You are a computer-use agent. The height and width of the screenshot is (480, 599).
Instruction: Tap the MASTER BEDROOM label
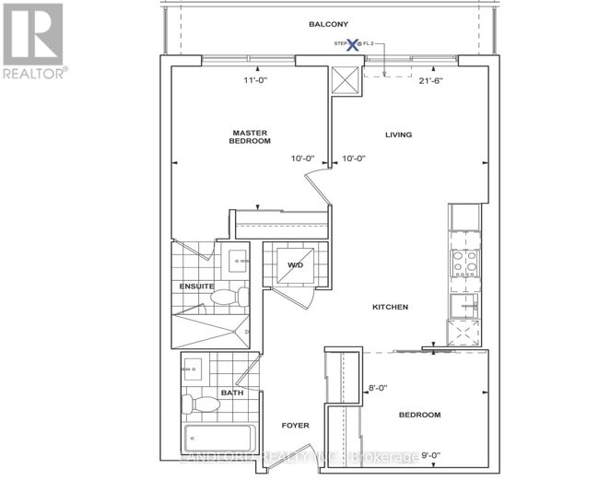pyautogui.click(x=250, y=137)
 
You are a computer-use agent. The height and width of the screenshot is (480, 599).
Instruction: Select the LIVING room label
pyautogui.click(x=398, y=135)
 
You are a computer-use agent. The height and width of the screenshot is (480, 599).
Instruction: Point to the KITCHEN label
pyautogui.click(x=390, y=307)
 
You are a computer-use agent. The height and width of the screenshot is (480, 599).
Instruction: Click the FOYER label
pyautogui.click(x=295, y=425)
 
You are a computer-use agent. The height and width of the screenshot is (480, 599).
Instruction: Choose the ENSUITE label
pyautogui.click(x=196, y=287)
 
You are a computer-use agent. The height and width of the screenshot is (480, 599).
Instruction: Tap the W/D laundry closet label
pyautogui.click(x=295, y=266)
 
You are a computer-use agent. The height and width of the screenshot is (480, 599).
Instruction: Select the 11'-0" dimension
pyautogui.click(x=242, y=80)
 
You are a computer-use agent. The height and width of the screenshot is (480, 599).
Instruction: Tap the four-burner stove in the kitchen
pyautogui.click(x=464, y=263)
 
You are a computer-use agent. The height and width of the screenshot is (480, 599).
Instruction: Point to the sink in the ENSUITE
pyautogui.click(x=236, y=261)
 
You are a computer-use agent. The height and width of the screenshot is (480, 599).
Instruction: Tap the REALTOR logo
pyautogui.click(x=33, y=41)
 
